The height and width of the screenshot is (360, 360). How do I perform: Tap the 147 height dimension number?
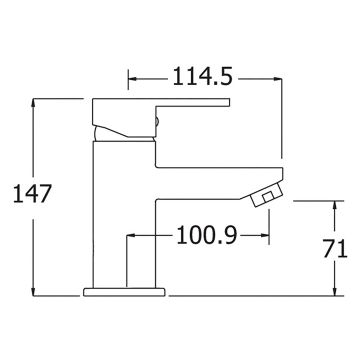[x=32, y=194]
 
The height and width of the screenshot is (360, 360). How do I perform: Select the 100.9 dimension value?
[x=207, y=235]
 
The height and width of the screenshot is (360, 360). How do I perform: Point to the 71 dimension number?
[x=335, y=249]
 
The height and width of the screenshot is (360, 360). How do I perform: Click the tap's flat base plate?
[x=124, y=292]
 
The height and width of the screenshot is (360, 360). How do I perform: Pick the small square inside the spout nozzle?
[x=267, y=197]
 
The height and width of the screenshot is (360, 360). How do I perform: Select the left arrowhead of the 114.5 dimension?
[x=133, y=79]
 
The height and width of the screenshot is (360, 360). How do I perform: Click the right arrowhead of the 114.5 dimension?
[x=278, y=79]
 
